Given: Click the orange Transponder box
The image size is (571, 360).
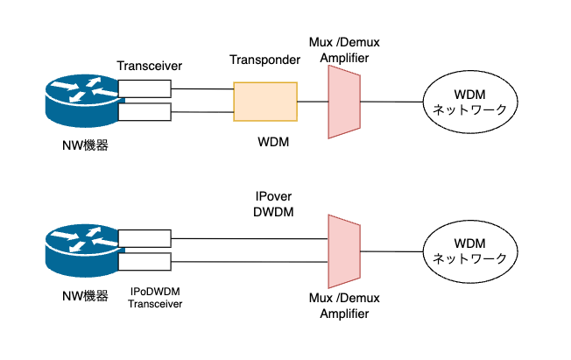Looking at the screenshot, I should pos(265,102).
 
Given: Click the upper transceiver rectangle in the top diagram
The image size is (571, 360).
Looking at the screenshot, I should pos(144,88).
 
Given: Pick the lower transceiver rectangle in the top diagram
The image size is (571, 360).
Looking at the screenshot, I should pos(144,112).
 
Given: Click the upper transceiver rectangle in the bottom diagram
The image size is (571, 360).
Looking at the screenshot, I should pos(144,237).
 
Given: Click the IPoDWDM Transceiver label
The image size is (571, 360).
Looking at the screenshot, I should pos(158,297).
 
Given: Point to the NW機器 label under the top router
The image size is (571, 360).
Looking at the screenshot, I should pos(79,145).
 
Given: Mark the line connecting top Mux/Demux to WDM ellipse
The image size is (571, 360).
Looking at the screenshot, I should pos(391,102).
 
